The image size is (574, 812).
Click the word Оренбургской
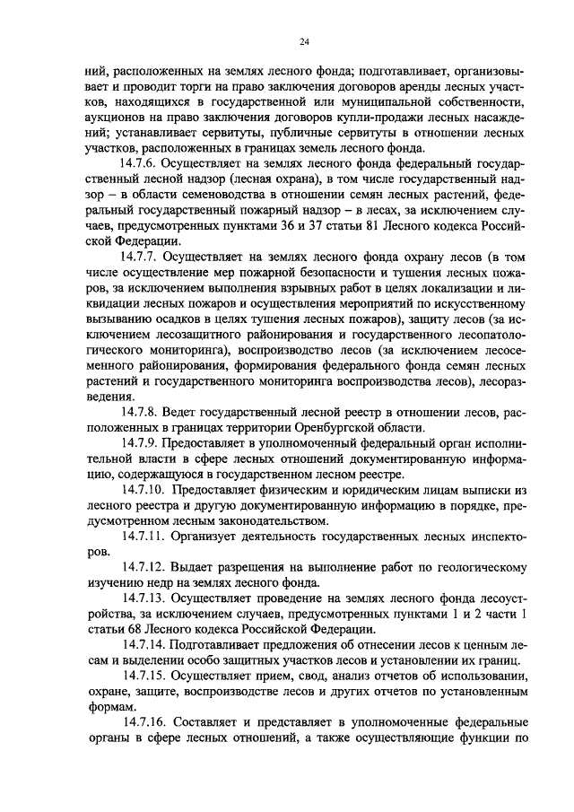pyautogui.click(x=337, y=427)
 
